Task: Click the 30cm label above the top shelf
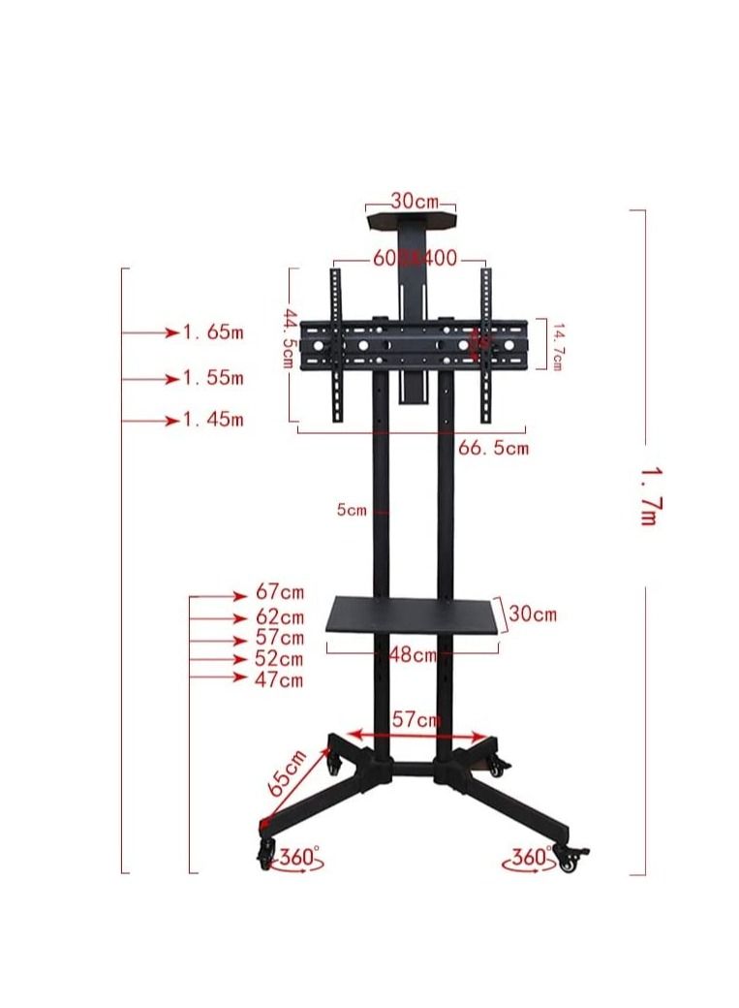coord(415,201)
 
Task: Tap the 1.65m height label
coord(213,332)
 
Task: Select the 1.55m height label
coord(213,377)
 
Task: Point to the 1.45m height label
coord(213,420)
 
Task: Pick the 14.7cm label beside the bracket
coord(557,346)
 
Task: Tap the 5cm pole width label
coord(352,510)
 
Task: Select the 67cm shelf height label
coord(279,591)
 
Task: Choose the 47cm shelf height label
coord(279,679)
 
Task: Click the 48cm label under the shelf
coord(413,654)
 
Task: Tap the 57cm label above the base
coord(416,719)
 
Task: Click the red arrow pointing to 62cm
coord(219,617)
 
